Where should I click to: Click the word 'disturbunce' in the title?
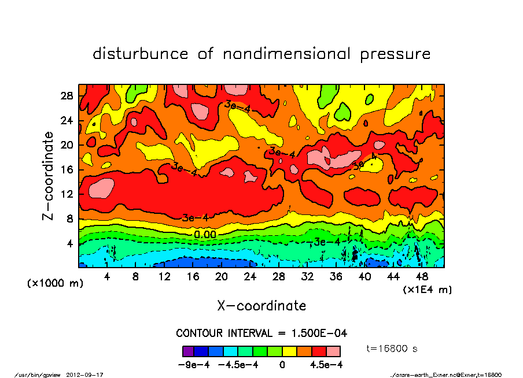coord(141,54)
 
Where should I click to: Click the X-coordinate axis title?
coord(261,306)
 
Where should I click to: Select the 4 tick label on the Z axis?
coord(70,243)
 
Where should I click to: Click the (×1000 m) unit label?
coord(52,284)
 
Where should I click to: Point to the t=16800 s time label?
coord(392,349)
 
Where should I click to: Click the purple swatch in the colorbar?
coord(187,351)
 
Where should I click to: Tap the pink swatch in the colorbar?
coord(333,351)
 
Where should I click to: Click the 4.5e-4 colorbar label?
coord(326,365)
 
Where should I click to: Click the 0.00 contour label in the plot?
coord(205,235)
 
